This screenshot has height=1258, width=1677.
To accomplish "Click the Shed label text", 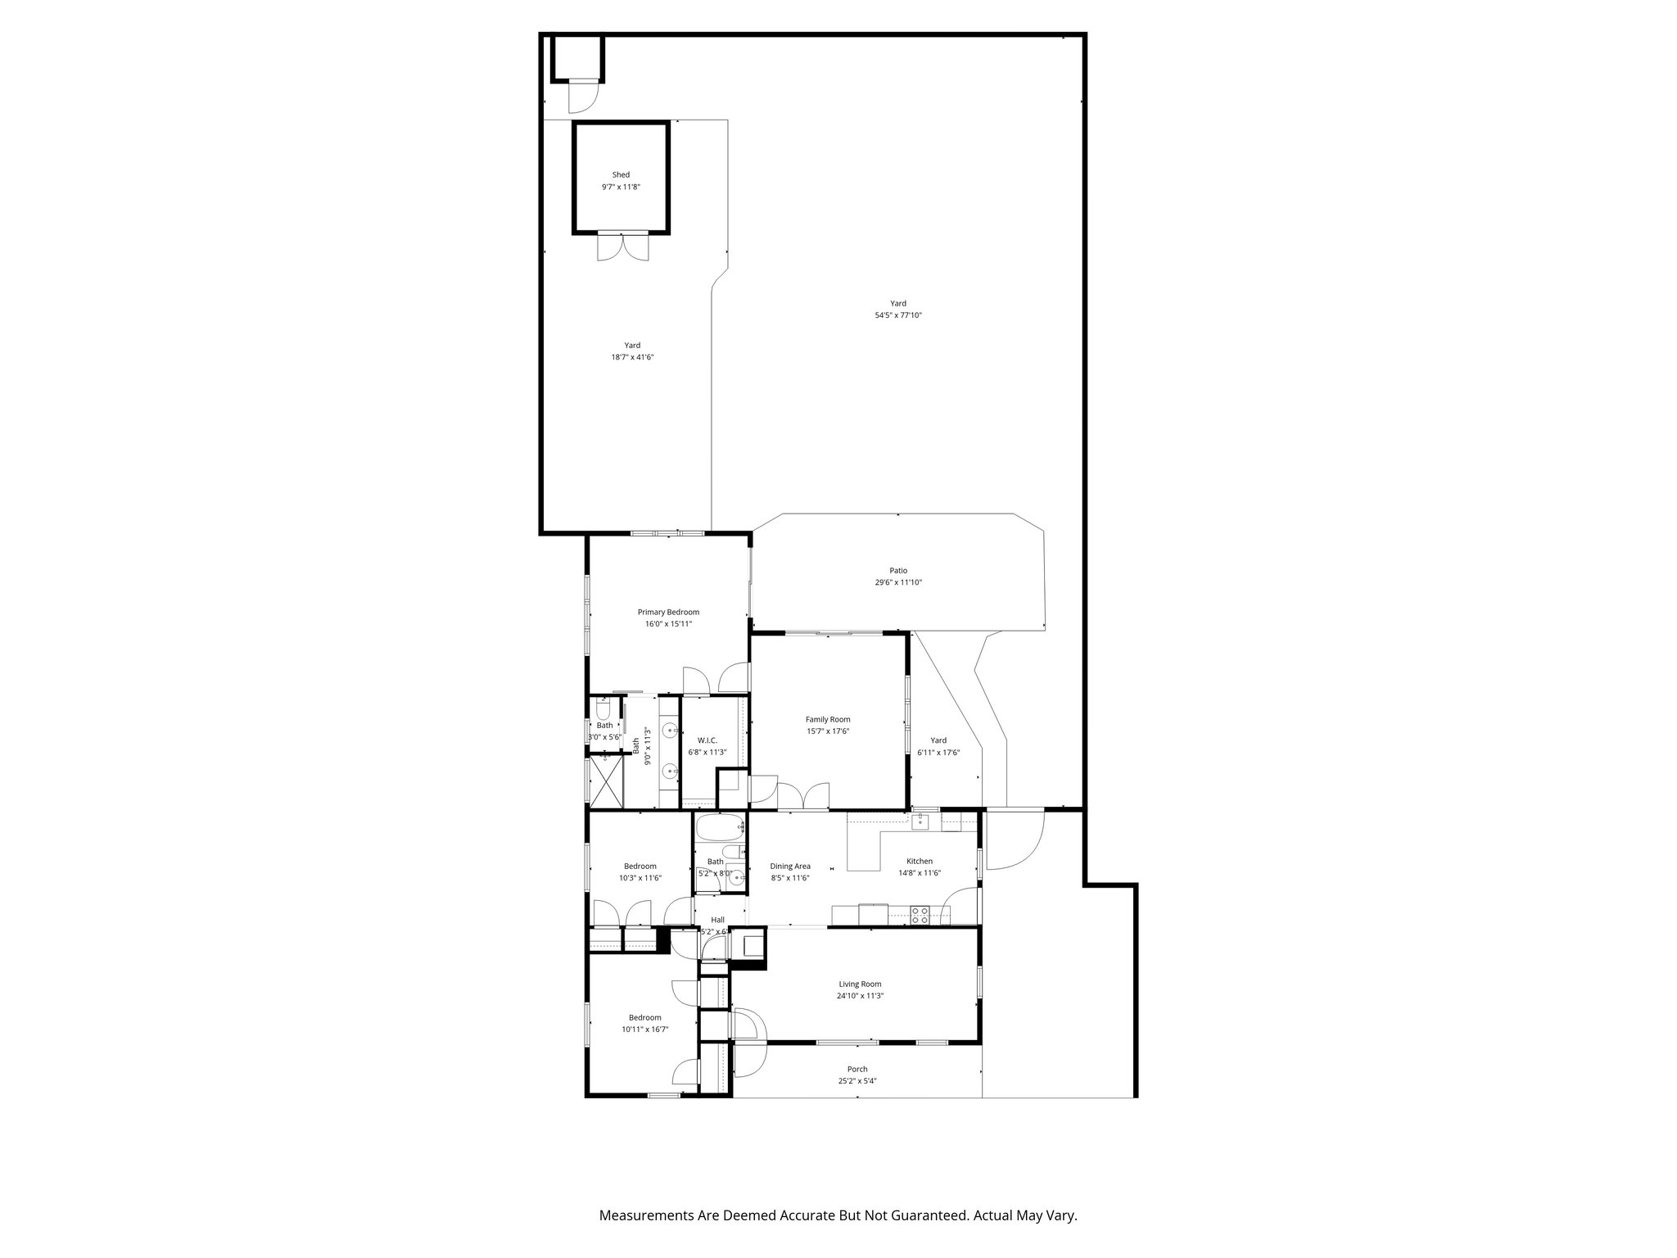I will click(621, 174).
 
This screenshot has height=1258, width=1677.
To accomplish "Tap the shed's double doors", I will click(622, 247).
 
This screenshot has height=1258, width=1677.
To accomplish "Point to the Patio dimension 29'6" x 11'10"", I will click(898, 582).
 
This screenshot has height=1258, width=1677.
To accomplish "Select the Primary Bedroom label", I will click(668, 612).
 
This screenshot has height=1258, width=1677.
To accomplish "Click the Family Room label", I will click(828, 719).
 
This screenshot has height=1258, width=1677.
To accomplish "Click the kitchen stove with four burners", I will click(920, 915).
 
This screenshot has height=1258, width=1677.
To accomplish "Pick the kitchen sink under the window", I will click(921, 821).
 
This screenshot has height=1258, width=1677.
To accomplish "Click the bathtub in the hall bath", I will click(720, 828).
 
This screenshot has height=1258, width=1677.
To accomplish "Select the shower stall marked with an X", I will click(607, 782).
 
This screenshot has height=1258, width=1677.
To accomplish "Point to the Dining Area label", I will click(790, 866).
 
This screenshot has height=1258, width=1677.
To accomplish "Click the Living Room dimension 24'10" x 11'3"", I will click(860, 996).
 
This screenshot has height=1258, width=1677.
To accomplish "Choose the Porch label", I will click(857, 1069).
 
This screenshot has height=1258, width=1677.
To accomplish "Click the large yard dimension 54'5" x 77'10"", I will click(898, 315).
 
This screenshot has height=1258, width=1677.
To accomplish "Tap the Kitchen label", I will click(919, 861).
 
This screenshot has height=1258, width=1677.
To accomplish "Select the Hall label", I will click(717, 920).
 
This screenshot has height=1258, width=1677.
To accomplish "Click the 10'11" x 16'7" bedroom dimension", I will click(644, 1029).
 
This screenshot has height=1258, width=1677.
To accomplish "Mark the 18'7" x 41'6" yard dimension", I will click(632, 357).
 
